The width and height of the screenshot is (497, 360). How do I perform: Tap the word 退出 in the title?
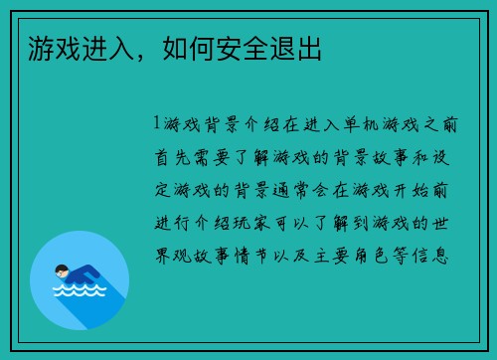(297, 47)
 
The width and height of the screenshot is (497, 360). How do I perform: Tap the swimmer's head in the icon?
(61, 270)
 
